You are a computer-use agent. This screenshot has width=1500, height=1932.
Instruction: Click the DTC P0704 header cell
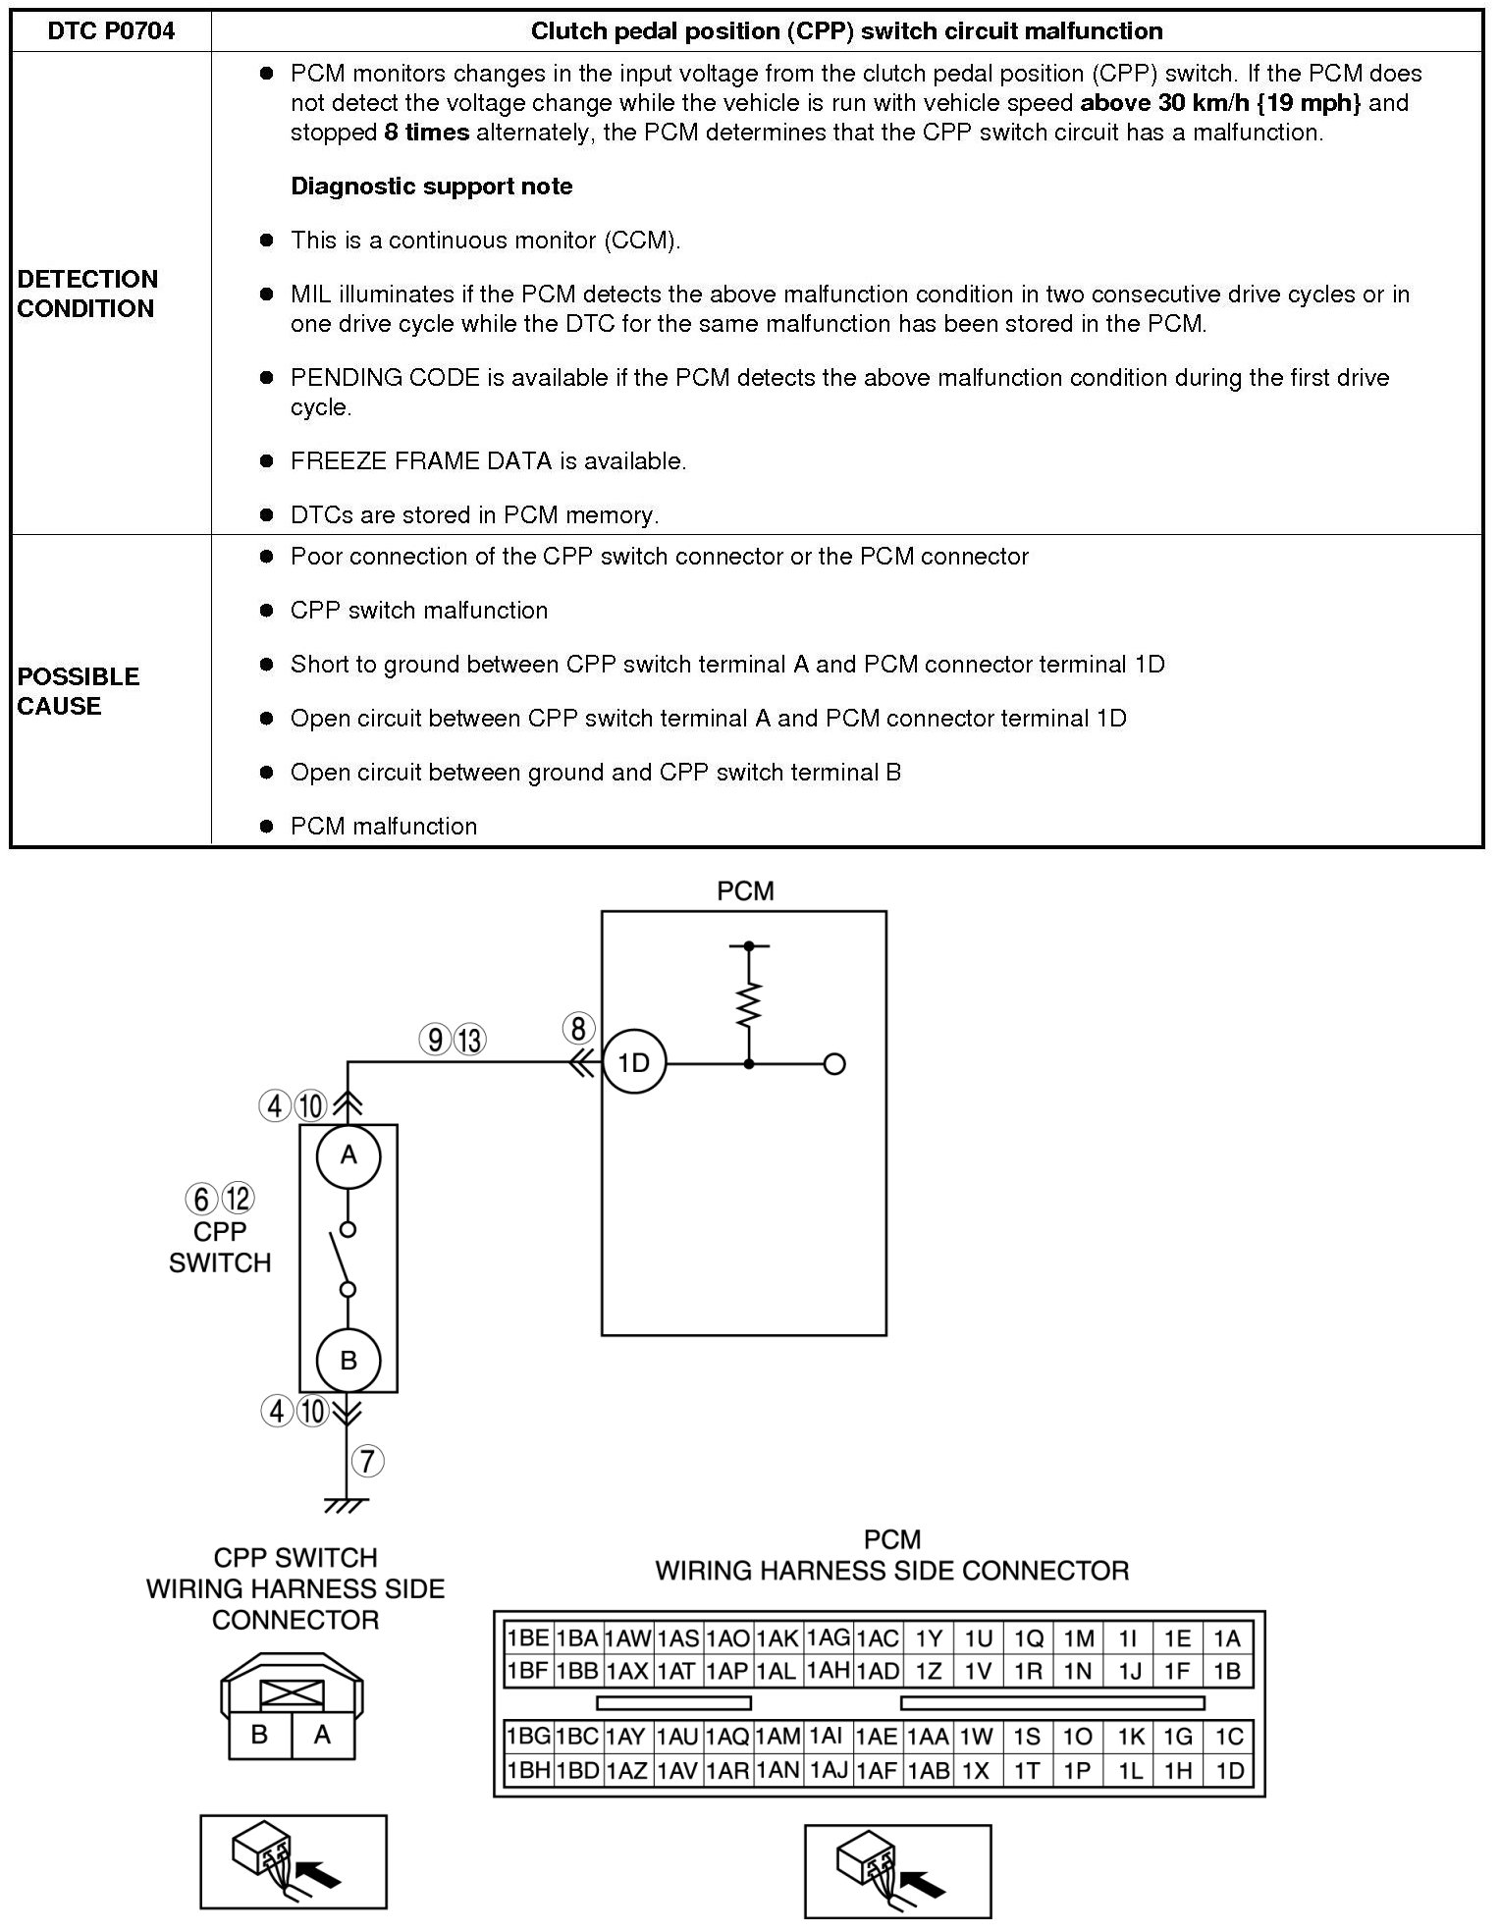[x=111, y=31]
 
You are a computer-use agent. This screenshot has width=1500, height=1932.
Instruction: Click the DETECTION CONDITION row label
[x=87, y=294]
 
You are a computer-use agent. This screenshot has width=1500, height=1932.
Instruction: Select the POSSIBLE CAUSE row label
[x=79, y=691]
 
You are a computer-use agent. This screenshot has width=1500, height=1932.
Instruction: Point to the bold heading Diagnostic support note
[x=432, y=187]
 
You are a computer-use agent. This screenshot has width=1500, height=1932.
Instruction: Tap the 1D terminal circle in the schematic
[x=634, y=1063]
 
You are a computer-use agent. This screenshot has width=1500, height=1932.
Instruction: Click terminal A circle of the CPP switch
[x=348, y=1156]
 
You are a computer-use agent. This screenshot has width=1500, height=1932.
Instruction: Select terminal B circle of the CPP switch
[x=348, y=1361]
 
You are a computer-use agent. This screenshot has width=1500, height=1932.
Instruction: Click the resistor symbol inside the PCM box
[x=749, y=1004]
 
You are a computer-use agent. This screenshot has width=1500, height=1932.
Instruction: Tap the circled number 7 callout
[x=367, y=1461]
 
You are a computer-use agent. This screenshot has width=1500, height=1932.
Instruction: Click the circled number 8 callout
[x=578, y=1029]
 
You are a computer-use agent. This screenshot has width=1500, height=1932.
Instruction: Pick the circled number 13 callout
[x=470, y=1040]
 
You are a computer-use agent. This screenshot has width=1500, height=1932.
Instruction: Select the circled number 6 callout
[x=200, y=1199]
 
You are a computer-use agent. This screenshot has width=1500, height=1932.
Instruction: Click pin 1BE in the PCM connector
[x=527, y=1638]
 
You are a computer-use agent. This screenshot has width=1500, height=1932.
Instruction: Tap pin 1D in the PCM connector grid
[x=1229, y=1770]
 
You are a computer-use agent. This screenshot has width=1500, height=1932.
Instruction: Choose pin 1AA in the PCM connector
[x=928, y=1737]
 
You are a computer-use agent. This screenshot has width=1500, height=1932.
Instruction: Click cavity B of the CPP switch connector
[x=259, y=1735]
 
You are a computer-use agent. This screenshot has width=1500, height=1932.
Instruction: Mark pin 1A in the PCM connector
[x=1227, y=1638]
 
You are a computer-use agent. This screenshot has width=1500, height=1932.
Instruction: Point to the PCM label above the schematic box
[x=745, y=891]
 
